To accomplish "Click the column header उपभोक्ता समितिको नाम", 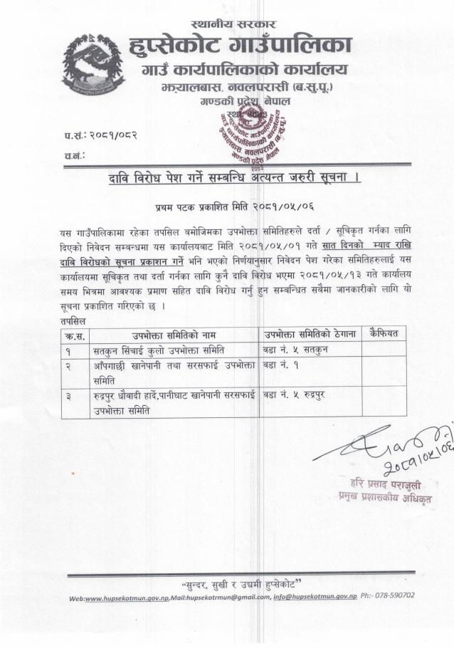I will coord(174,334).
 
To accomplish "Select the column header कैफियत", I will coord(389,333).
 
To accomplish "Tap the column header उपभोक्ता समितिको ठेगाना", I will coord(309,334).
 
